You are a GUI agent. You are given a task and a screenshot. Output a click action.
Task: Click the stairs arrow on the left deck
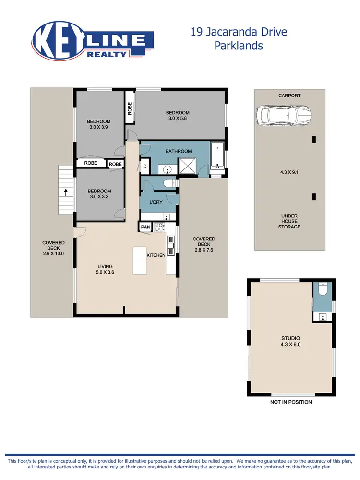[65, 192]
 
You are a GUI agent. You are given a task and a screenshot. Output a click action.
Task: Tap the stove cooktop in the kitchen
[159, 228]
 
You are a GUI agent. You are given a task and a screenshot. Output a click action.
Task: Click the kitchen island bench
[140, 260]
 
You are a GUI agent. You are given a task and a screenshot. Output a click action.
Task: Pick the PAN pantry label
[145, 228]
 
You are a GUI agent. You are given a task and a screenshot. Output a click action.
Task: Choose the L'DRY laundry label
[156, 202]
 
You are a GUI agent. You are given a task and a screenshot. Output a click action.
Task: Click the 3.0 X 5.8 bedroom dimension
[178, 119]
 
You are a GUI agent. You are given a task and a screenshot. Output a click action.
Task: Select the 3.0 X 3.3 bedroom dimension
[99, 196]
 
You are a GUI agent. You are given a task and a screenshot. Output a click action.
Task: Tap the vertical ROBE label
[130, 108]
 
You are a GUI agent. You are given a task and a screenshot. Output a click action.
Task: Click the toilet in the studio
[323, 291]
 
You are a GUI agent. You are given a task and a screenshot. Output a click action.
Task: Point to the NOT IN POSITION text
[291, 402]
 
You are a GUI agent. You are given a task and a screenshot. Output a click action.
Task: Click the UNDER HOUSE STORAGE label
[289, 221]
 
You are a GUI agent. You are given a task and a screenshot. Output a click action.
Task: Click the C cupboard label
[144, 167]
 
